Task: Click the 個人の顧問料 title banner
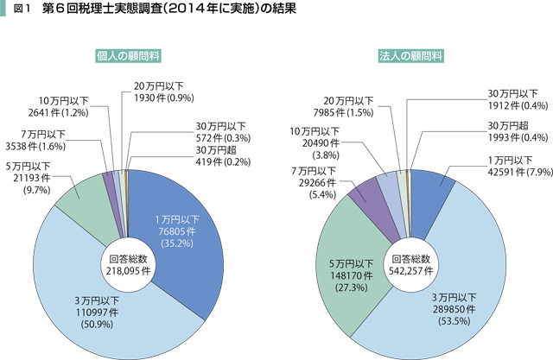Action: tap(128, 56)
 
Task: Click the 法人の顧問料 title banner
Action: tap(411, 56)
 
